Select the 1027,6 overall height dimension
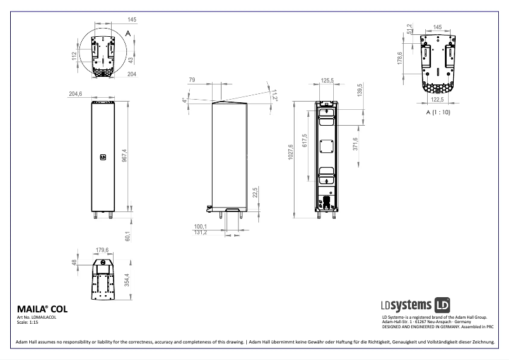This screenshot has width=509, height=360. click(291, 152)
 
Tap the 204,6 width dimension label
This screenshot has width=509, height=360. click(76, 94)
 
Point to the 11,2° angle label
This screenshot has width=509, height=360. click(275, 94)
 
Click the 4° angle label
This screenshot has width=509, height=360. click(184, 100)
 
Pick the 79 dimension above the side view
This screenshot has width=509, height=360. click(192, 80)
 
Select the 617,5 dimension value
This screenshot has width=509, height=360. click(305, 141)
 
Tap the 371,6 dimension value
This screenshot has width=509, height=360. click(355, 144)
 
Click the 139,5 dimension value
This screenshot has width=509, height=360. click(360, 90)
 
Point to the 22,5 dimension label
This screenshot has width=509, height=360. click(255, 193)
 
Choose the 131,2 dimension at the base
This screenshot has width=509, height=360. click(201, 232)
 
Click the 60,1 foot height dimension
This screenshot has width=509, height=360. click(127, 236)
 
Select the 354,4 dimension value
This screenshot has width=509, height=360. click(127, 279)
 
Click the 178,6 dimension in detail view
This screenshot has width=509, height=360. click(400, 58)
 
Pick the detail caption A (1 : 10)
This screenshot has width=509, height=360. click(439, 112)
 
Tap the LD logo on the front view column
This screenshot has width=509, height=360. click(102, 154)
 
